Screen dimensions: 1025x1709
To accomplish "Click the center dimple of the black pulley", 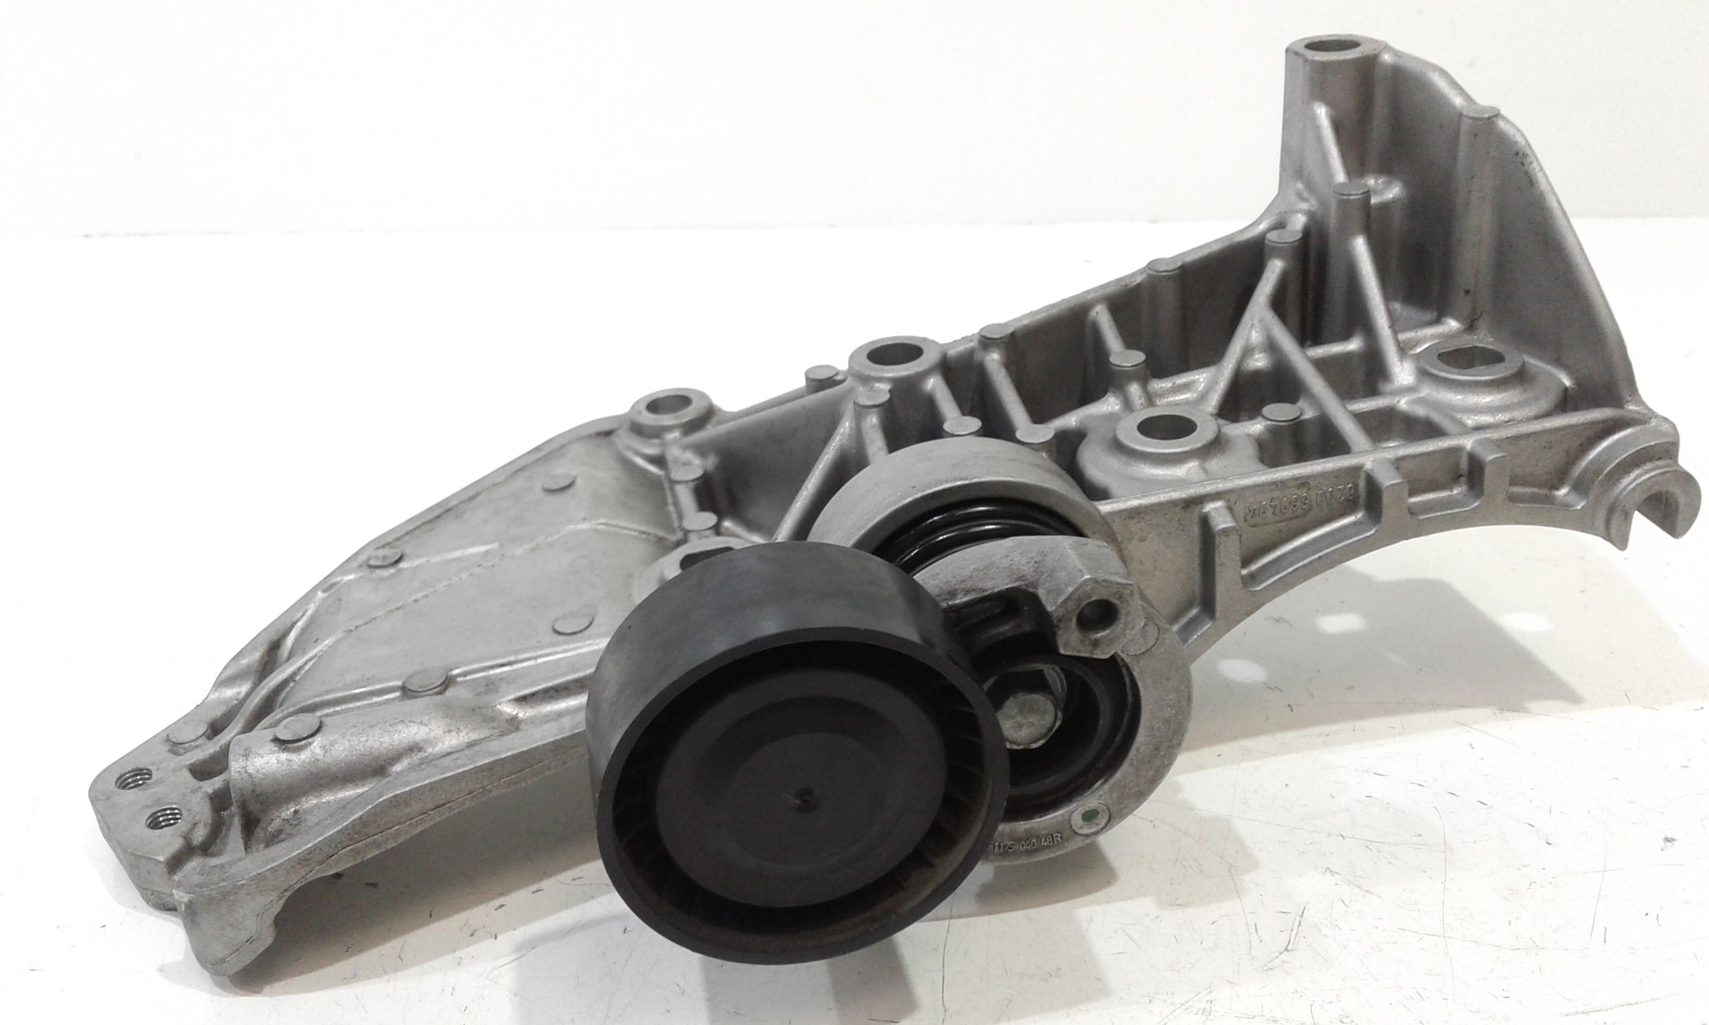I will [801, 815].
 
